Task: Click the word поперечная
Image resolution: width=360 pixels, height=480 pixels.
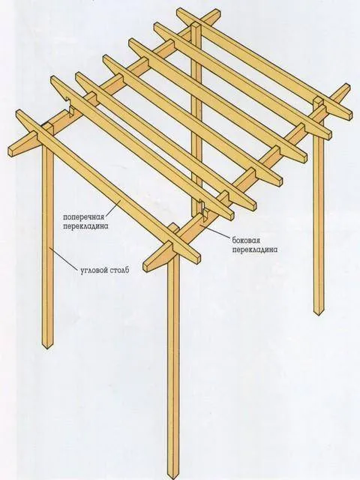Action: [x=84, y=217]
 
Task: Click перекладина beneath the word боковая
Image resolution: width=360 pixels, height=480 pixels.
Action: [x=255, y=250]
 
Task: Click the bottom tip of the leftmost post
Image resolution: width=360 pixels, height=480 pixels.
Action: [x=47, y=348]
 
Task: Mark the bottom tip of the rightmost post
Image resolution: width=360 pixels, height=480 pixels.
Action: [x=319, y=313]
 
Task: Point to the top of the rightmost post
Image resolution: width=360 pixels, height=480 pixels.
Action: [x=319, y=100]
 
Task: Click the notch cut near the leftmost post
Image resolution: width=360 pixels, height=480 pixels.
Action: [x=72, y=112]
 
